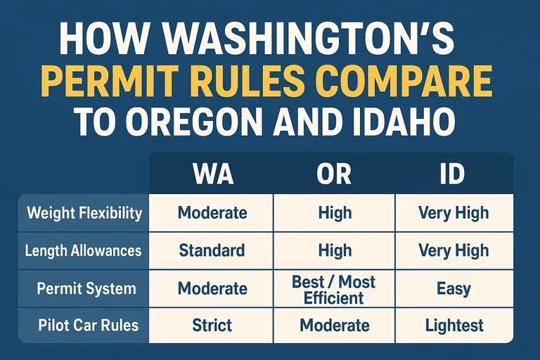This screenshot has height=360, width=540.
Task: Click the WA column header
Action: [x=212, y=174]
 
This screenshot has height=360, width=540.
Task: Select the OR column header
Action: [x=335, y=174]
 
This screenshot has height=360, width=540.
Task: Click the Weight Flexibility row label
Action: [x=84, y=212]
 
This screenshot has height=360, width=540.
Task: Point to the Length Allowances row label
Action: [x=83, y=250]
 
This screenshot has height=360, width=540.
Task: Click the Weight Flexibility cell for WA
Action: [x=212, y=212]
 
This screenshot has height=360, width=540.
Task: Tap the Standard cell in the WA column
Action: [x=212, y=250]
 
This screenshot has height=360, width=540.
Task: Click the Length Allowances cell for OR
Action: [x=335, y=250]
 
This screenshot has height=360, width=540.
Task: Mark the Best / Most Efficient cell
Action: [x=335, y=289]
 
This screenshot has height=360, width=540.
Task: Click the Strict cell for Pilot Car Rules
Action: [x=212, y=326]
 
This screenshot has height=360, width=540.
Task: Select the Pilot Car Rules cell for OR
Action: [x=335, y=326]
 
